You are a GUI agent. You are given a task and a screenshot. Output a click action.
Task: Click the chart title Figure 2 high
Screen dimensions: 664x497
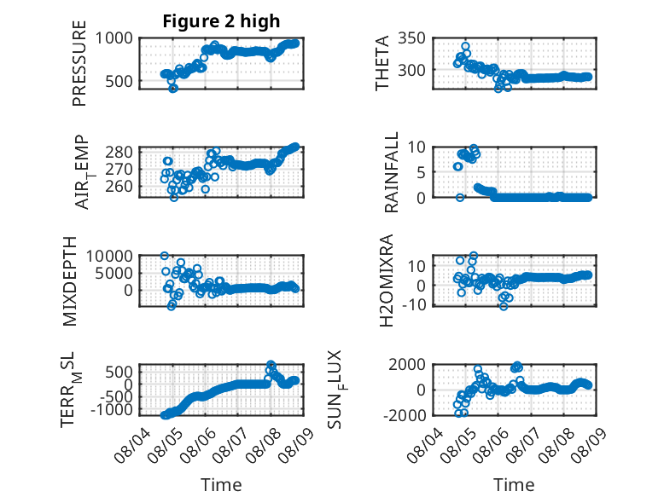click(x=221, y=21)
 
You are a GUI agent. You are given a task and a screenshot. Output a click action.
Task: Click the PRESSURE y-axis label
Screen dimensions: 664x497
click(x=79, y=63)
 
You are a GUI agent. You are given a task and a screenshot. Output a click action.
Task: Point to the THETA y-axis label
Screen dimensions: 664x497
click(x=382, y=63)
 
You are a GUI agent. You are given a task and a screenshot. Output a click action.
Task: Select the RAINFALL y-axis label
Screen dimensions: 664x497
click(x=391, y=172)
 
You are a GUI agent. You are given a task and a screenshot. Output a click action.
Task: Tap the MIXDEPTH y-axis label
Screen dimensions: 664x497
click(x=69, y=281)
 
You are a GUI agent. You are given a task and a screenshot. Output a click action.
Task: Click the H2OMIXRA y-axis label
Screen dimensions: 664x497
click(x=387, y=280)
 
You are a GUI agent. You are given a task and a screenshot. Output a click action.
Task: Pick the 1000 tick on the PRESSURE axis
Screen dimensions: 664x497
click(x=114, y=38)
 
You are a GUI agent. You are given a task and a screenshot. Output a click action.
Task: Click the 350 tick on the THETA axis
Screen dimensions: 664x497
click(x=411, y=38)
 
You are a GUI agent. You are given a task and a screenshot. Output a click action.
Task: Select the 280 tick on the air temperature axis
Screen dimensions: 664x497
click(x=119, y=152)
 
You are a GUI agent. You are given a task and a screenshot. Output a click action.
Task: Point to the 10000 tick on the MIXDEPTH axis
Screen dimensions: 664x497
click(x=109, y=256)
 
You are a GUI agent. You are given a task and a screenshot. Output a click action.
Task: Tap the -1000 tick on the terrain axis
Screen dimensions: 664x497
click(x=111, y=410)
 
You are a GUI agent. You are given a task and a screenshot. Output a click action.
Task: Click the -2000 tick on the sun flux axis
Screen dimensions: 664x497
click(x=405, y=415)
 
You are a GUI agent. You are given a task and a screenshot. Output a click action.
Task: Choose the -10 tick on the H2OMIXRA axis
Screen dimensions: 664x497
click(x=414, y=304)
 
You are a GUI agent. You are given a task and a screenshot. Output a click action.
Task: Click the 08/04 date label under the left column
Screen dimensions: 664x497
click(x=131, y=445)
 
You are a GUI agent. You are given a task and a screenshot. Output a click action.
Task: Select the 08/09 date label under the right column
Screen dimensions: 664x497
click(x=588, y=445)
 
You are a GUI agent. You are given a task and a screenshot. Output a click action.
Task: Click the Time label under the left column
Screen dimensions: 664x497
click(x=221, y=485)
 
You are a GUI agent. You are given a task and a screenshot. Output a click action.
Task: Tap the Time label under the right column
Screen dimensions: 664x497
click(x=514, y=485)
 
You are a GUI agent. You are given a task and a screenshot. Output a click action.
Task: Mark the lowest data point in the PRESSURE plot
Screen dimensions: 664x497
click(x=172, y=89)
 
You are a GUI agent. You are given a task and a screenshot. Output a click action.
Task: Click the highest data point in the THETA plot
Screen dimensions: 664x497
click(x=465, y=46)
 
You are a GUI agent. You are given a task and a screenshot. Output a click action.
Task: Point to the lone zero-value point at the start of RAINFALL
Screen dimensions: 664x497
click(x=460, y=198)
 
